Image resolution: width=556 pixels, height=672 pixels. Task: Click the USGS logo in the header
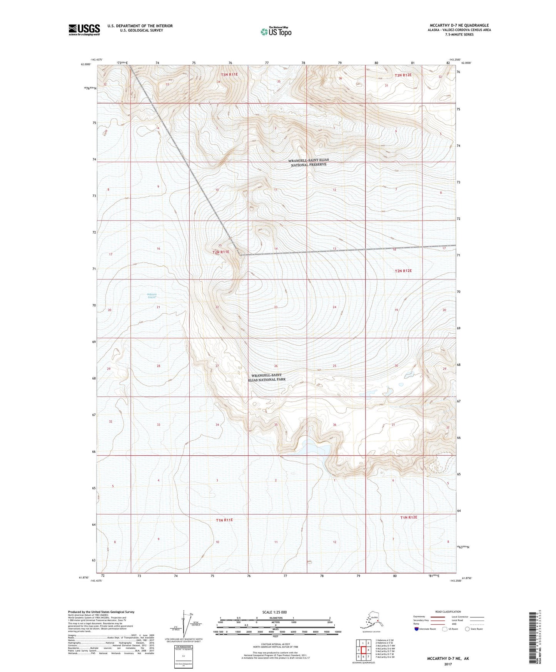84,30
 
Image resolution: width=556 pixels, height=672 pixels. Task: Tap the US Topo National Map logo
276,32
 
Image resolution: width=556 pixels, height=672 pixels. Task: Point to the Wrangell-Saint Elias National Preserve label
309,162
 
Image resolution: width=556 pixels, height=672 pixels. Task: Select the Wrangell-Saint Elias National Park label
267,377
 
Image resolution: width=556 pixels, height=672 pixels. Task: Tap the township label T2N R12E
403,271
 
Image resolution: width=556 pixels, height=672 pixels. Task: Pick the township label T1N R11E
224,520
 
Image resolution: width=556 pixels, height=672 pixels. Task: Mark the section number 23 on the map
276,307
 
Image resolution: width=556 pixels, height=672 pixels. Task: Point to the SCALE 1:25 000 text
274,612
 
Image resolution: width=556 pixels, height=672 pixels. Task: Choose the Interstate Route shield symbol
417,629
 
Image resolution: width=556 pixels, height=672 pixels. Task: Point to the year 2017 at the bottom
447,664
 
